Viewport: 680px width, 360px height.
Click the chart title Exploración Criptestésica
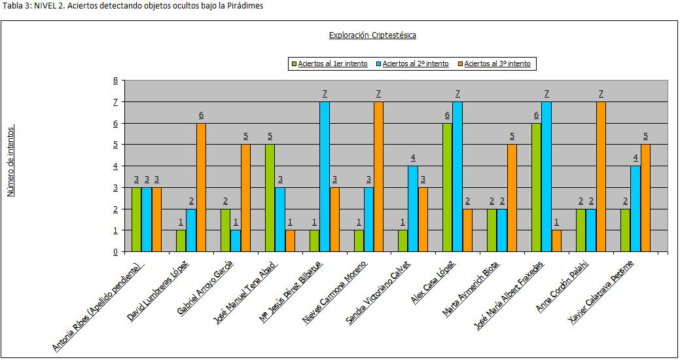pos(372,35)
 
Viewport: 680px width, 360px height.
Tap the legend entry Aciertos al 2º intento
pos(416,63)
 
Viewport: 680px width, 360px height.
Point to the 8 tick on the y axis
pos(115,81)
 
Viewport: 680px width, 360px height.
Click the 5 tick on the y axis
pos(115,145)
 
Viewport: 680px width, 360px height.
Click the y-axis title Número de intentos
pos(11,161)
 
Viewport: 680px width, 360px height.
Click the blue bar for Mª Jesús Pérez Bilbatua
pos(324,177)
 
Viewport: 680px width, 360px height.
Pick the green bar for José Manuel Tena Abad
pos(270,198)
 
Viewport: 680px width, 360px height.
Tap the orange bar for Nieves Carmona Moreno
pos(378,177)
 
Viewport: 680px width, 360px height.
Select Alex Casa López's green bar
pos(448,187)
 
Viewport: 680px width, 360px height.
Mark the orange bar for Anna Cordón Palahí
pos(601,177)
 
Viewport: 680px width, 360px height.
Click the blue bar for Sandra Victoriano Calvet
pos(413,209)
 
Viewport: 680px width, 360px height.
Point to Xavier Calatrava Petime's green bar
pos(625,230)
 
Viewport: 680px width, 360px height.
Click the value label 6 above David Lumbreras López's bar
pos(201,116)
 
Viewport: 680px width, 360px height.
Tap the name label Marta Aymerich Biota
pos(471,289)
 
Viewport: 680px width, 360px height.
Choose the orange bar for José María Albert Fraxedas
pos(556,241)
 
